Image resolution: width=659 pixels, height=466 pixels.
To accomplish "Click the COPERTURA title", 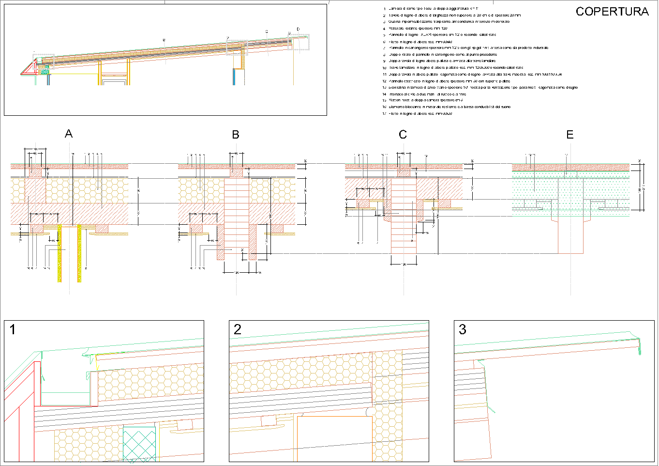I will click(612, 12).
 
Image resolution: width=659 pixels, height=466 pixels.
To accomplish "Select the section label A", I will click(69, 134).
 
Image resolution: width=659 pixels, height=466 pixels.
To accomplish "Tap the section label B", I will click(236, 135).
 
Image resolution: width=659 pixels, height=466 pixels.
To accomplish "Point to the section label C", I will click(403, 135).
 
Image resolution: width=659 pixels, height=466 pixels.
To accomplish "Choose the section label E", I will click(569, 135).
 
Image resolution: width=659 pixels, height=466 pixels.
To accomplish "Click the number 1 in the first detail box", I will click(13, 330).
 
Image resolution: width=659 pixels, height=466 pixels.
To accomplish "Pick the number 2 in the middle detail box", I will click(237, 330).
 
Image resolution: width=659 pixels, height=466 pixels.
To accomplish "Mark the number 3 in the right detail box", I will click(462, 330).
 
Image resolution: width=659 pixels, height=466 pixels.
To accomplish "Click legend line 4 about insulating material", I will click(416, 29).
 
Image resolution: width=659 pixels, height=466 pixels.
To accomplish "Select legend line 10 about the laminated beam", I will click(455, 68).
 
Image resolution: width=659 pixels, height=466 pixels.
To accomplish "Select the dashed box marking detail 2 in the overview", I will click(237, 47).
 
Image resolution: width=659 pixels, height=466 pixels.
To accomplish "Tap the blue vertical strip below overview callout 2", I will click(234, 77).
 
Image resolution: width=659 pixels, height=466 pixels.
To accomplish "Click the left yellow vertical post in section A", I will click(60, 252).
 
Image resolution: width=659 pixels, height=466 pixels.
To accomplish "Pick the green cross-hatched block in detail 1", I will click(139, 443).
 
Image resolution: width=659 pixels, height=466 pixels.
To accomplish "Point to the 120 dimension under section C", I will click(404, 264).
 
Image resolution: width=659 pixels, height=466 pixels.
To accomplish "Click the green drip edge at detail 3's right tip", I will click(639, 346).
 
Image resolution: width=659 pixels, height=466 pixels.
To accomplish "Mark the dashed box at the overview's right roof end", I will click(299, 42).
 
